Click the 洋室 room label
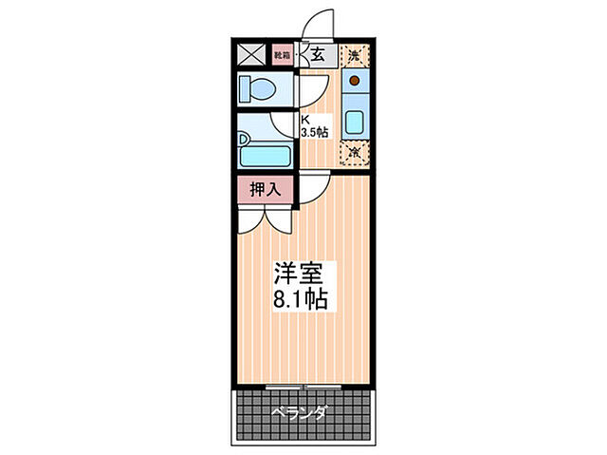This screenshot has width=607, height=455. tap(301, 275)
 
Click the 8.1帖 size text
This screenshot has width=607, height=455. tap(301, 302)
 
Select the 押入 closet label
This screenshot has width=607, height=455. tap(266, 189)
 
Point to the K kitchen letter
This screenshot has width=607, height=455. tap(305, 120)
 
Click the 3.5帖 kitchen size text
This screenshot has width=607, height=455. tap(315, 133)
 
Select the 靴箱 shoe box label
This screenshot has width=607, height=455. tap(282, 55)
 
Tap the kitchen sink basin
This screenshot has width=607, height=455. tap(355, 122)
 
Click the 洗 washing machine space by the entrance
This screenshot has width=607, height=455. tap(354, 55)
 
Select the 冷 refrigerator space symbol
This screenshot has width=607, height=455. tap(354, 152)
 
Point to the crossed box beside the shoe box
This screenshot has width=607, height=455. tap(251, 55)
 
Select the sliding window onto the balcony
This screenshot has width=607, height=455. tap(302, 386)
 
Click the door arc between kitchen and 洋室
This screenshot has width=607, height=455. tap(317, 186)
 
